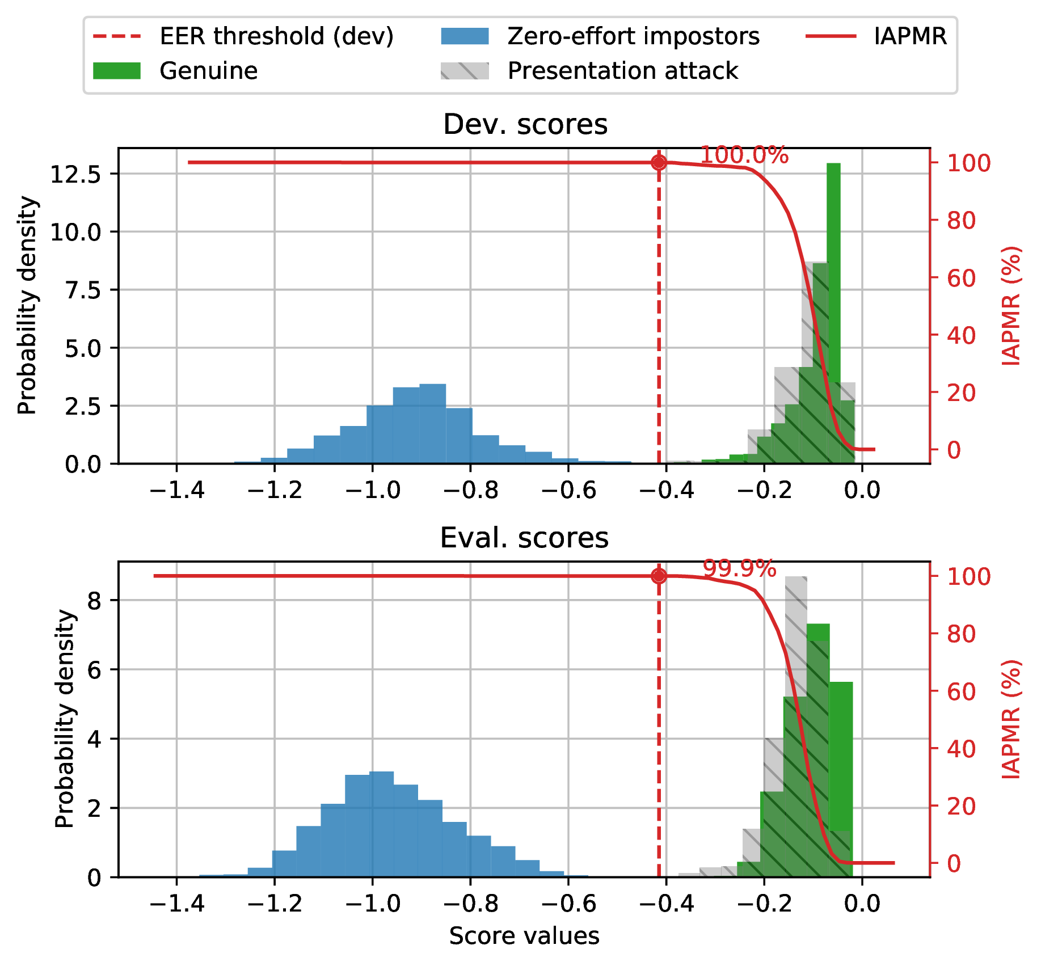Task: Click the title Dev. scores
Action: tap(525, 124)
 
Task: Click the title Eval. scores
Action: tap(524, 538)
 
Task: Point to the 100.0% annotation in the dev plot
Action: tap(744, 155)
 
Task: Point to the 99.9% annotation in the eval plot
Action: tap(739, 568)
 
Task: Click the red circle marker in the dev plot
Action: tap(659, 163)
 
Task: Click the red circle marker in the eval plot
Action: tap(659, 576)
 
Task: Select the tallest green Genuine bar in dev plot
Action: tap(833, 312)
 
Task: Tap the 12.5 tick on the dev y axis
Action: tap(83, 174)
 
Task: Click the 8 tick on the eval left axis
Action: tap(95, 600)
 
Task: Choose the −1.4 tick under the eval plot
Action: tap(176, 903)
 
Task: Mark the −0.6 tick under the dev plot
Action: tap(568, 490)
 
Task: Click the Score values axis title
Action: tap(524, 936)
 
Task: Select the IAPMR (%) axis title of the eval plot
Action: tap(1012, 719)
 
